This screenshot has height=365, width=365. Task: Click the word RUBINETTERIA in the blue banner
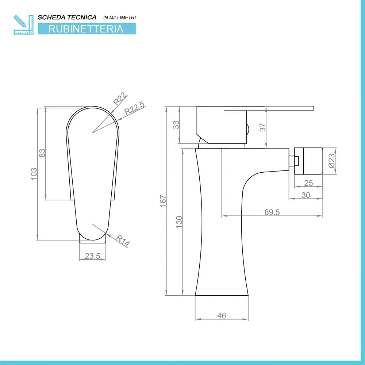click(x=86, y=29)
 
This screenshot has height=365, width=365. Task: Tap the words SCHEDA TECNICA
click(x=67, y=17)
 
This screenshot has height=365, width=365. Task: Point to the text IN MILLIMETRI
click(x=119, y=18)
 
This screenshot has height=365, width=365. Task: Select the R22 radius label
click(x=120, y=99)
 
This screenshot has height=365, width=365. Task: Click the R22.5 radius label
click(x=134, y=109)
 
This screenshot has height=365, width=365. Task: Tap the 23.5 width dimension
click(x=92, y=256)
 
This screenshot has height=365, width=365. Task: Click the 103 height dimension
click(x=34, y=174)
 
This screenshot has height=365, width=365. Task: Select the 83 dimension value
click(x=42, y=153)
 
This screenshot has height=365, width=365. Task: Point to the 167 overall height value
click(x=163, y=201)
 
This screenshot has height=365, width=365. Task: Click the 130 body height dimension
click(x=179, y=222)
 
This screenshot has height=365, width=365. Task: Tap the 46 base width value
click(x=222, y=316)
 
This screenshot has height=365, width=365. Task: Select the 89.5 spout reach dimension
click(x=272, y=212)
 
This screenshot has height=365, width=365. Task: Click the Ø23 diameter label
click(x=331, y=161)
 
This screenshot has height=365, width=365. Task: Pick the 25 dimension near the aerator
click(x=308, y=183)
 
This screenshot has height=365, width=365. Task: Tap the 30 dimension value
click(x=306, y=195)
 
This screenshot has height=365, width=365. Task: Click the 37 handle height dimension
click(x=262, y=127)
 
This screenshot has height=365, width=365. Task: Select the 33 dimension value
click(x=176, y=124)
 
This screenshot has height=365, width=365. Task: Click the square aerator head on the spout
click(x=309, y=161)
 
